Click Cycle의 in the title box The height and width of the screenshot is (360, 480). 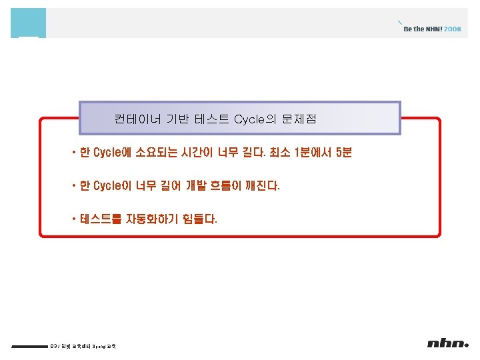click(253, 120)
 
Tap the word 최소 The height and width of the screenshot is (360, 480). click(279, 153)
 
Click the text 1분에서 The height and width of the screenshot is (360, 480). click(314, 153)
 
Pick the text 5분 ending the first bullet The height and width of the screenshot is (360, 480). click(344, 153)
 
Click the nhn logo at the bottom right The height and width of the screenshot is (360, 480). click(448, 343)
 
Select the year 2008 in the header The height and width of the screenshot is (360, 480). click(453, 29)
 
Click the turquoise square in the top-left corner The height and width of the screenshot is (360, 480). click(28, 23)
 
